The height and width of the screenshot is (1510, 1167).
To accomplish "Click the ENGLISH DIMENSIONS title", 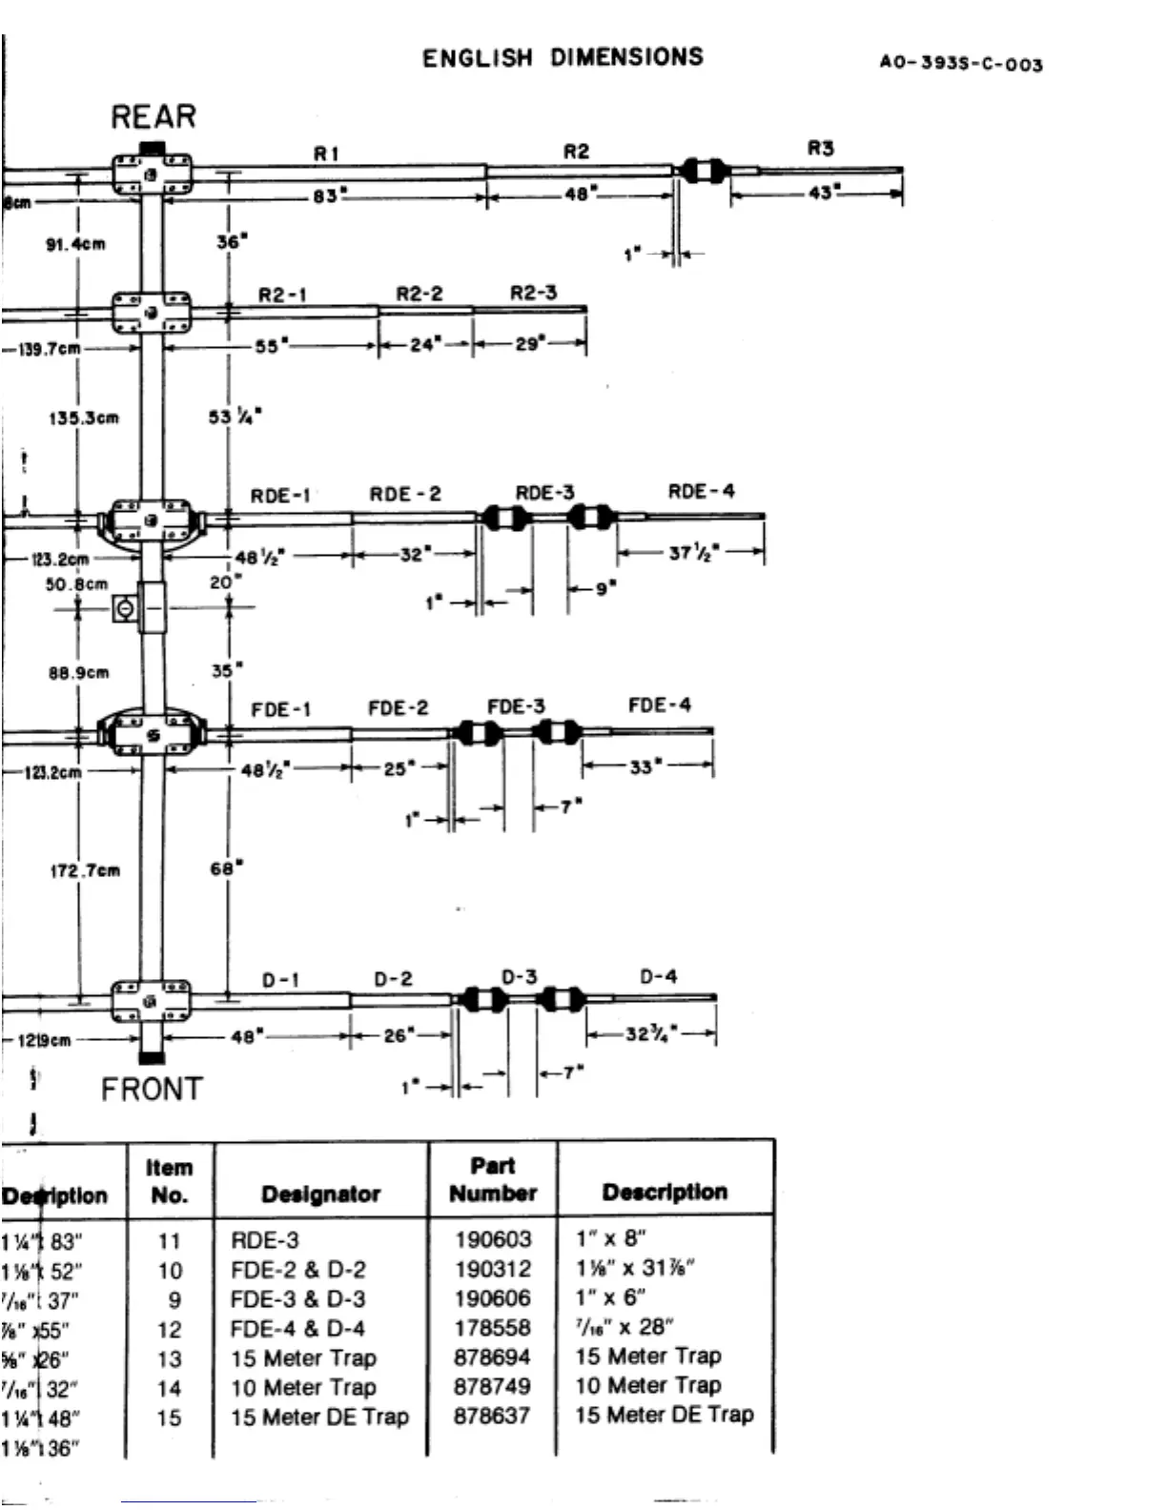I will pos(563,57).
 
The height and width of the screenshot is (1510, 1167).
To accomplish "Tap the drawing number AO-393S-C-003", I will pos(960,64).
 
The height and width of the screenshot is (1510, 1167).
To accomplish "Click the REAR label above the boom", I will pos(154,116).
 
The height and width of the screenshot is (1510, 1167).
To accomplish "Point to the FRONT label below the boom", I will pos(152,1089).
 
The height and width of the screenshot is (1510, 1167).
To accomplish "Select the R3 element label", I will pos(820,148).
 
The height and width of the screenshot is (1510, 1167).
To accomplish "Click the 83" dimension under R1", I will pos(330,196).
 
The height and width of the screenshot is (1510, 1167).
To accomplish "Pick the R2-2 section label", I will pos(420,294).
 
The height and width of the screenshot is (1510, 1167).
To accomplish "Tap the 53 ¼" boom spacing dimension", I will pos(235,417).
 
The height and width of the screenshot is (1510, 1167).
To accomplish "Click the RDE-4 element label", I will pos(701,492).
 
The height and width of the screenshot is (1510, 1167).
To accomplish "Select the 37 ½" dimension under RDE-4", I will pos(693,551).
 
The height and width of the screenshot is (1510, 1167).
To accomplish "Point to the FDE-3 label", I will pos(516,706).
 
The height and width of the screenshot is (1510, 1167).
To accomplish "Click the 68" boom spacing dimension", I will pos(226,868).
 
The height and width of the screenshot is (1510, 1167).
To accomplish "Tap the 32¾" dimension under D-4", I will pos(651,1033).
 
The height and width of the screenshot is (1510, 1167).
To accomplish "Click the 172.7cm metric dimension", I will pos(85,869).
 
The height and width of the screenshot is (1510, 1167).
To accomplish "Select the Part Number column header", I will pos(492,1179).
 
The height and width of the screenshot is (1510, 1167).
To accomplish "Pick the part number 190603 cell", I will pos(492,1239).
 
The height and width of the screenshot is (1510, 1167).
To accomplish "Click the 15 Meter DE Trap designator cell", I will pos(319,1417).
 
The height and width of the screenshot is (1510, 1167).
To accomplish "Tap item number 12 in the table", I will pos(169,1329).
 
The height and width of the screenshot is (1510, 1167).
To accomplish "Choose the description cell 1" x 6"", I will pos(610,1297).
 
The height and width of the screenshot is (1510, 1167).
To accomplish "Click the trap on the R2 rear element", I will pos(704,172).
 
